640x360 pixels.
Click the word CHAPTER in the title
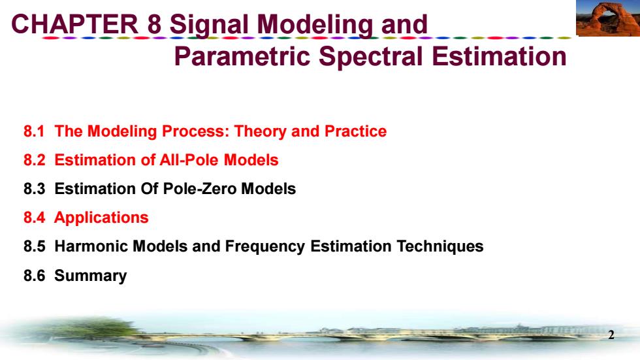tap(74, 24)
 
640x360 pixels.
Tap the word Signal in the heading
tap(209, 25)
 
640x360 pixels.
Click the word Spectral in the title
tap(371, 57)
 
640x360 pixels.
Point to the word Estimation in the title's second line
tap(499, 56)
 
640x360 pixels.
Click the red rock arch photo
tap(608, 18)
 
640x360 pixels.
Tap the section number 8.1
tap(34, 131)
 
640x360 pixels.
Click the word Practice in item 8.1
tap(355, 131)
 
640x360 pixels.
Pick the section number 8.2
tap(34, 160)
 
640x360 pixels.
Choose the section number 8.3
tap(34, 189)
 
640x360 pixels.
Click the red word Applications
tap(101, 218)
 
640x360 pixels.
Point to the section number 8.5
tap(34, 246)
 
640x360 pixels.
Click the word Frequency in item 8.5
tap(265, 247)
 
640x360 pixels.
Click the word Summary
tap(91, 276)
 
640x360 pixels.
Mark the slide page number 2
tap(611, 335)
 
